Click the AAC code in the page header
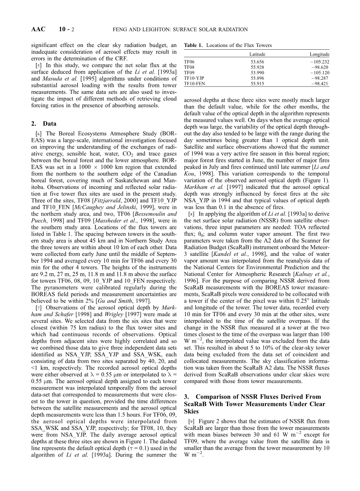[x=38, y=29]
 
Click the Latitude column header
[x=257, y=54]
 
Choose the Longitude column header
[x=319, y=54]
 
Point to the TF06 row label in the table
[x=189, y=62]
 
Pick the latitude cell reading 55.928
[x=257, y=67]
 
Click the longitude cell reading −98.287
[x=320, y=78]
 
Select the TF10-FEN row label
[x=194, y=83]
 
